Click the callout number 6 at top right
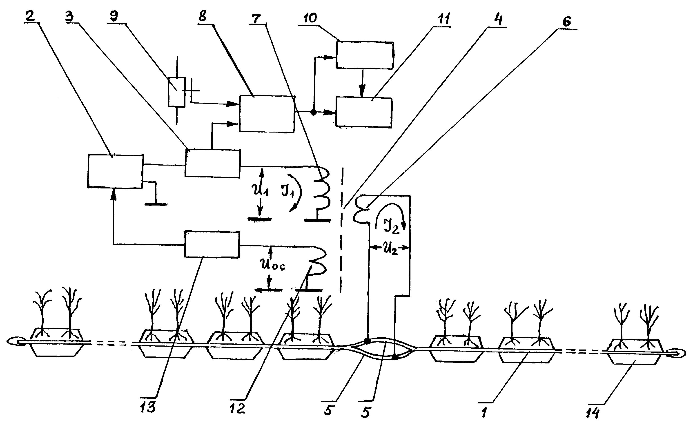566,22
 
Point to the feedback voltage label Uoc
272,265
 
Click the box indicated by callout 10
364,55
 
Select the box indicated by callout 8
267,114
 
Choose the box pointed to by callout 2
115,171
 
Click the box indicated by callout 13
212,245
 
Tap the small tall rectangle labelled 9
177,92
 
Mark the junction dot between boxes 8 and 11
313,112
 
